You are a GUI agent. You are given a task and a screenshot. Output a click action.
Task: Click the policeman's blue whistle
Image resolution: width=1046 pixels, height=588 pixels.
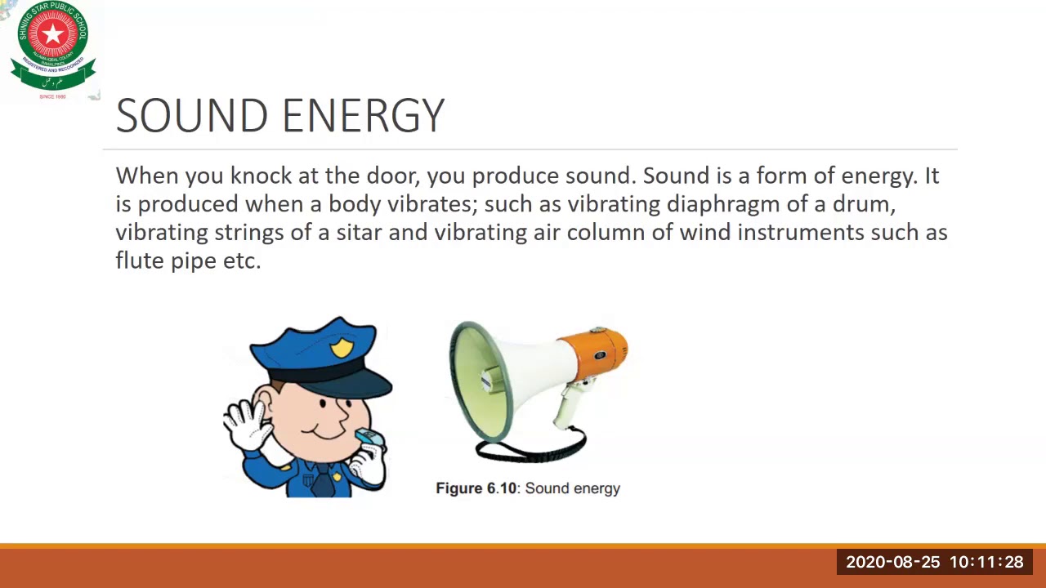(369, 438)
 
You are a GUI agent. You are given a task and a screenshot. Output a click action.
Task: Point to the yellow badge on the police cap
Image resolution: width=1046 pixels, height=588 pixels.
(342, 348)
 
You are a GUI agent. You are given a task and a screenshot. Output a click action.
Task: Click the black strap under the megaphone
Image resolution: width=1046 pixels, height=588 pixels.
(531, 449)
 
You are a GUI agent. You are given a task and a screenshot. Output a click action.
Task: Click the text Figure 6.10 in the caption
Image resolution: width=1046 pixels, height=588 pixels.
(476, 488)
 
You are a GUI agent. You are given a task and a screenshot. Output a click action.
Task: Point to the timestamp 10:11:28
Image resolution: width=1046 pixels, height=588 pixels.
(986, 562)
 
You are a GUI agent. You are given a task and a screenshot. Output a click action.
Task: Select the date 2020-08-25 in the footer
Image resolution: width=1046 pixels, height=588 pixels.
(893, 562)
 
